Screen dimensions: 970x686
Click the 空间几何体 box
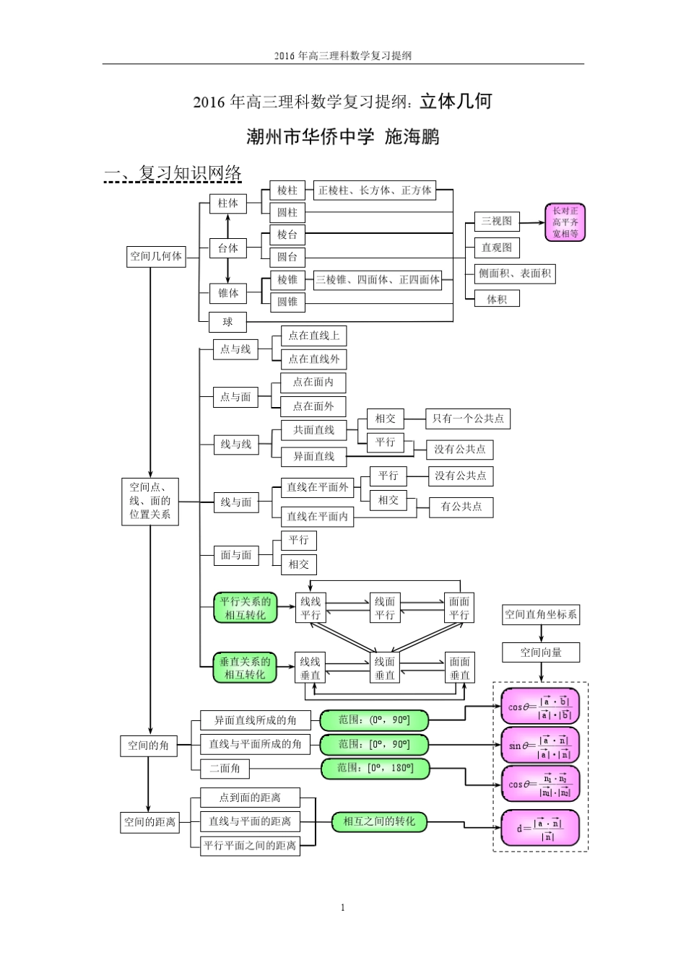[156, 256]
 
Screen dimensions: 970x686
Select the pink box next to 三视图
[565, 222]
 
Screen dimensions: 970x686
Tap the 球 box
[227, 322]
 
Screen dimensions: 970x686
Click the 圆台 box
[287, 257]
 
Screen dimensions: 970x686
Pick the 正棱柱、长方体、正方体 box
[375, 191]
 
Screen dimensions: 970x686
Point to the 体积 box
[496, 299]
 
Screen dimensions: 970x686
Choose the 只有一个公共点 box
[468, 419]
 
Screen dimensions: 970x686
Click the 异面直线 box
[313, 456]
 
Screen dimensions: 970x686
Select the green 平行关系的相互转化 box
[245, 608]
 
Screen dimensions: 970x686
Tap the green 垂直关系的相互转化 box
[245, 668]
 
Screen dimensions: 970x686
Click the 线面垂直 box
[384, 668]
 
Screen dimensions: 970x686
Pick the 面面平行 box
[459, 608]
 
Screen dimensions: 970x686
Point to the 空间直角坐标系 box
[541, 614]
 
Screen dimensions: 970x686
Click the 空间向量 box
[541, 652]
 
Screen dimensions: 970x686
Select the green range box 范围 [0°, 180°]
[375, 769]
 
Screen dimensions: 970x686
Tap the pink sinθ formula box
[540, 746]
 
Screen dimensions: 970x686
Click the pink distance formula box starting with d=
[540, 828]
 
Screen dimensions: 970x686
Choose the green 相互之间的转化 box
[379, 821]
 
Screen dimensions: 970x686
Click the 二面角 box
[225, 769]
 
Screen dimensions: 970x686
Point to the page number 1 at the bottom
[342, 907]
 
